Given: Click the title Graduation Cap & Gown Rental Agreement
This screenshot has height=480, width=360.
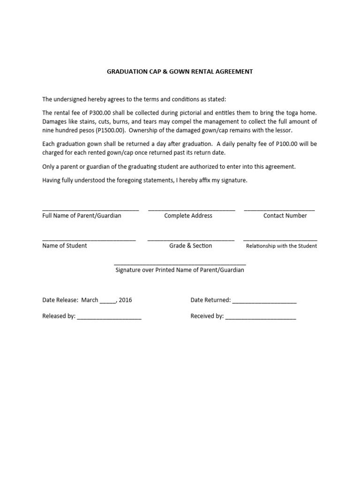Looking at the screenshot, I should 180,72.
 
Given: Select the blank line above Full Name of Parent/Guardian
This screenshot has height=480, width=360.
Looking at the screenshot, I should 90,210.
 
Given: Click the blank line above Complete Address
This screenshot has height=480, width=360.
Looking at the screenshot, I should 191,210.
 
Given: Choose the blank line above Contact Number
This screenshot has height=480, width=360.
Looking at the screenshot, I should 279,210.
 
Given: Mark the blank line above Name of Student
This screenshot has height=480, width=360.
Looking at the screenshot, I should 89,240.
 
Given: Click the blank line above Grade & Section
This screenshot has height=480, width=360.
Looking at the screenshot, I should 191,240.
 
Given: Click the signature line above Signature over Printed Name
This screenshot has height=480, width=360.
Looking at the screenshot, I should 180,264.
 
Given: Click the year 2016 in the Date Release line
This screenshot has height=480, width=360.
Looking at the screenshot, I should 126,300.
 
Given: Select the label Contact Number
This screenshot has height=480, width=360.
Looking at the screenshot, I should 285,216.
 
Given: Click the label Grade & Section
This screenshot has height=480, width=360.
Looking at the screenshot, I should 191,246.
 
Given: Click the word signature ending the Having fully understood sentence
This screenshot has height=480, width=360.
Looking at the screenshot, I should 233,180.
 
